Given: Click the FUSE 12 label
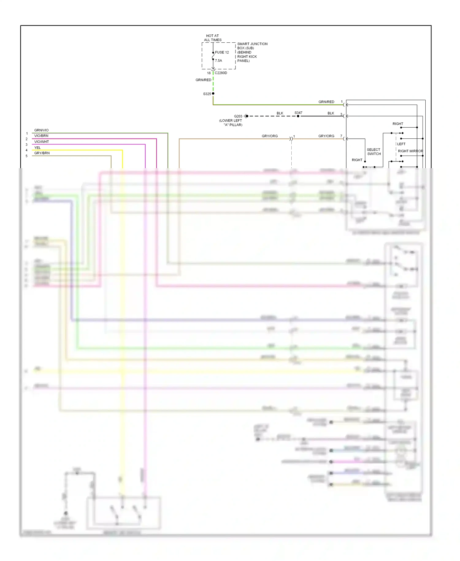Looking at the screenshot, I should [222, 52].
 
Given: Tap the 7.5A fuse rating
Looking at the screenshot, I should [218, 61].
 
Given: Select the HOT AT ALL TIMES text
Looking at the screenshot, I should [213, 38].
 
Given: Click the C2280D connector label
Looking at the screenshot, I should [221, 73].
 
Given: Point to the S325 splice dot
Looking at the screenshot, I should [213, 94].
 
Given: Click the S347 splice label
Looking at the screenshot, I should [298, 113].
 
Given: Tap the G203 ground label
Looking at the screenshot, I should [238, 116].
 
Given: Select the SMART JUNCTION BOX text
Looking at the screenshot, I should [252, 46].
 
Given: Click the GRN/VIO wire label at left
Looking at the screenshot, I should [41, 130].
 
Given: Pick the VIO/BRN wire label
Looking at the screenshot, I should [41, 136].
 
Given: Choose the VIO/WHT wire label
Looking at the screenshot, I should [41, 142].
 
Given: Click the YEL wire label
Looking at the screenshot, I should [37, 148].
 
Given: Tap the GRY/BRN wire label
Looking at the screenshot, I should [42, 153].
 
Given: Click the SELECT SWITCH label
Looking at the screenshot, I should [374, 152].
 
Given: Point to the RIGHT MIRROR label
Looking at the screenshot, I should [410, 151].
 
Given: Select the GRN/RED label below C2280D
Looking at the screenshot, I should [203, 80].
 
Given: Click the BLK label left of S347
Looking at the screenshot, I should [280, 113].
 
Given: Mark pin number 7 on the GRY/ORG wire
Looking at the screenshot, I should [341, 136].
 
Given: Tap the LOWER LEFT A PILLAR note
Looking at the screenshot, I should [231, 123].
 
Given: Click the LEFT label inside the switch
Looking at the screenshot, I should [401, 144].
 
